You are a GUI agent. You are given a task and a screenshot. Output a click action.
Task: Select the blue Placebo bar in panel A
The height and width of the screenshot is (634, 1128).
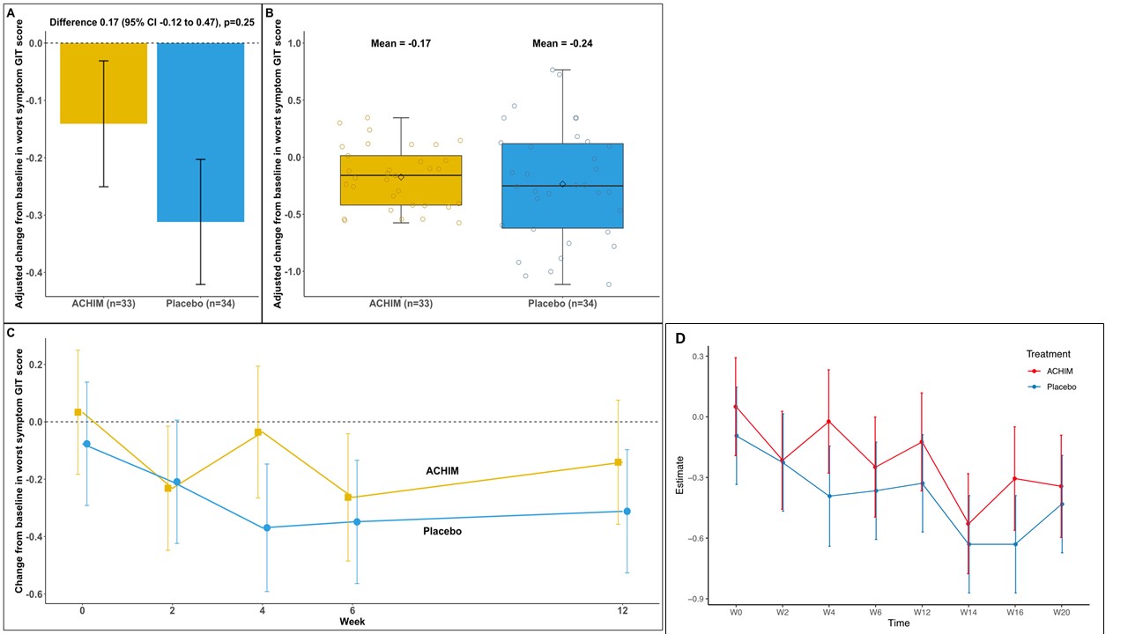click(x=200, y=132)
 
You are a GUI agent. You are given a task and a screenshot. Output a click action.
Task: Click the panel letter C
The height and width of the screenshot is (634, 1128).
click(x=10, y=332)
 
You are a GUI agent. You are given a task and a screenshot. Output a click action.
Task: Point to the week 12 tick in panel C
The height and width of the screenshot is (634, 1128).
click(x=627, y=610)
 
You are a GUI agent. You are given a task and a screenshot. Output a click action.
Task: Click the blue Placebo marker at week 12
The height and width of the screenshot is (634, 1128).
click(x=627, y=512)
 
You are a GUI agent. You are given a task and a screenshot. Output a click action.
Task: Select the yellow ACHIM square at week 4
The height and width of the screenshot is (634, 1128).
click(x=258, y=432)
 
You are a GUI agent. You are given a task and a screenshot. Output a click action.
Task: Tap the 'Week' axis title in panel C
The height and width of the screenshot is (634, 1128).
click(x=354, y=622)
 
